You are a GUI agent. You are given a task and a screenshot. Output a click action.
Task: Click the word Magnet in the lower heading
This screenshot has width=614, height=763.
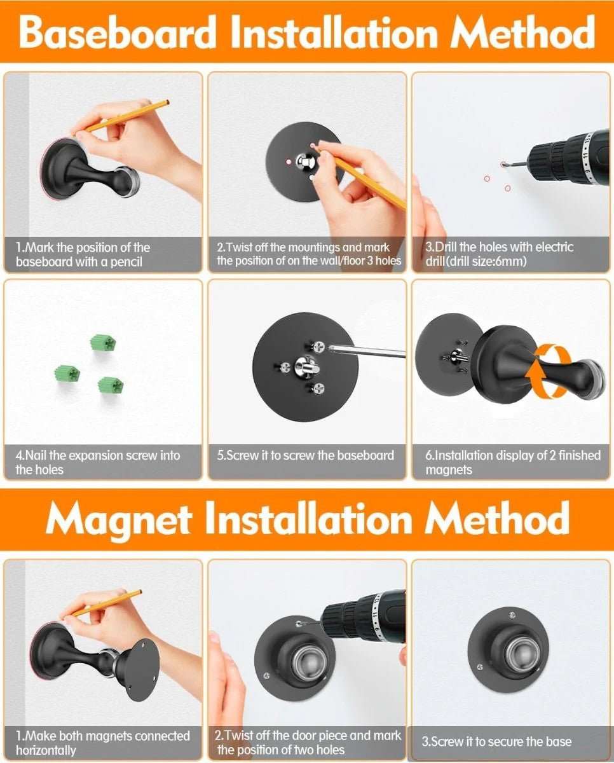pos(118,520)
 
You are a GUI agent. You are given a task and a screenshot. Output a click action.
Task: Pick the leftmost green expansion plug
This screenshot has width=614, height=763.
pos(65,371)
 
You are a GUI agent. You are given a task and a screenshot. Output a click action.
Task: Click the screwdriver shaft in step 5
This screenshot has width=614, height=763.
pos(369,350)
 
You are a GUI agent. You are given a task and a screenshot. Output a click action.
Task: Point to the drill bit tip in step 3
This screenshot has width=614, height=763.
pos(503,165)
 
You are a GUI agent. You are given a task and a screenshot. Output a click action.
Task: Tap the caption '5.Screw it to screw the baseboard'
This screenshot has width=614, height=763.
pos(306,455)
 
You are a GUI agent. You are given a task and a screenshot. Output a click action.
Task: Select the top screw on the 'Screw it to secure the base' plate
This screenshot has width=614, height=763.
pos(512,614)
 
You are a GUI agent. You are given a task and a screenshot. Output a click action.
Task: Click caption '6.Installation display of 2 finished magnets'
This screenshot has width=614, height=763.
pos(512,462)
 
